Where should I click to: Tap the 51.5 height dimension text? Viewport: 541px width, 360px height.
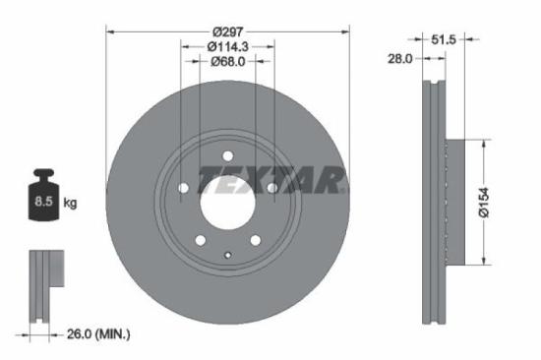(447, 38)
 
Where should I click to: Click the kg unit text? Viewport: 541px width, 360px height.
(71, 204)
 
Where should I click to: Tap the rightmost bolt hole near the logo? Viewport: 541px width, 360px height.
(272, 188)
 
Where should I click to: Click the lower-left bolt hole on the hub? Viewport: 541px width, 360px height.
(200, 239)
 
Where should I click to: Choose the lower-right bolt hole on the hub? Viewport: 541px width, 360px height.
(256, 239)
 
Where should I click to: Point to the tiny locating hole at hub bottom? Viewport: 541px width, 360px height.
(228, 259)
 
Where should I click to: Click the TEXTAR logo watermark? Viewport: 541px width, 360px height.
(272, 178)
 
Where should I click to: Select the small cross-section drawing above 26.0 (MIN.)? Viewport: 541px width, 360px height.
(42, 285)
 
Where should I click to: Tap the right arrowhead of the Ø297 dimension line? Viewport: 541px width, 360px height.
(345, 31)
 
